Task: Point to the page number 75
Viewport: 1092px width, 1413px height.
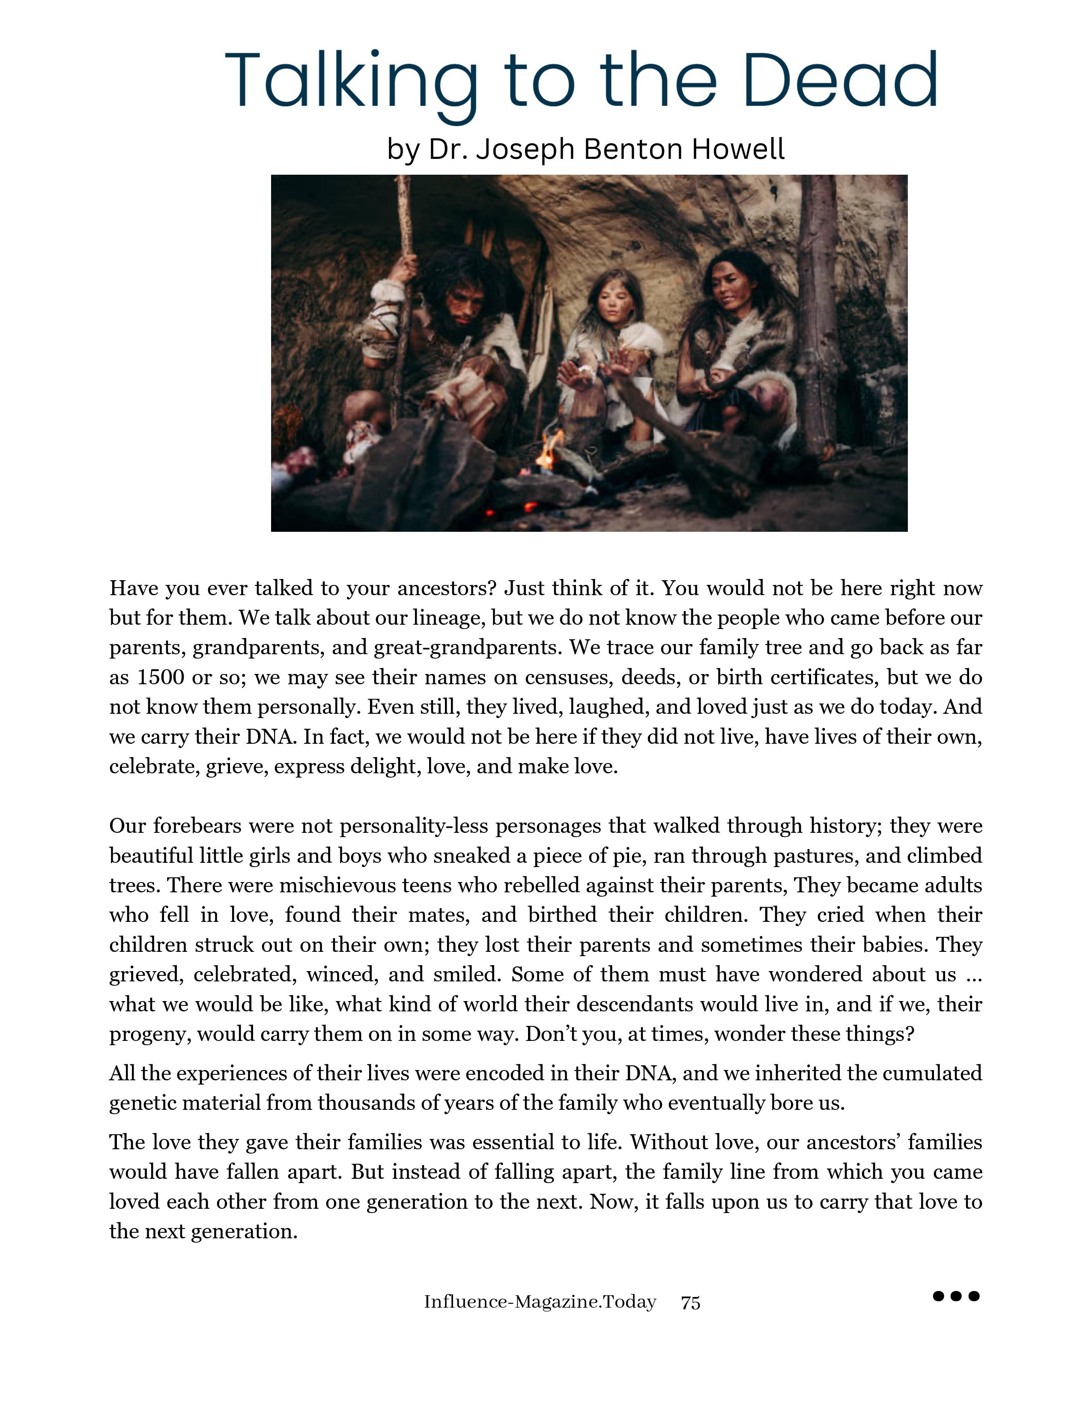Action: (690, 1303)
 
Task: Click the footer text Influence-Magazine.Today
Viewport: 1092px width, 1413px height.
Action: (540, 1302)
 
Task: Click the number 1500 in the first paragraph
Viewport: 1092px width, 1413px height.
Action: (161, 677)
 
